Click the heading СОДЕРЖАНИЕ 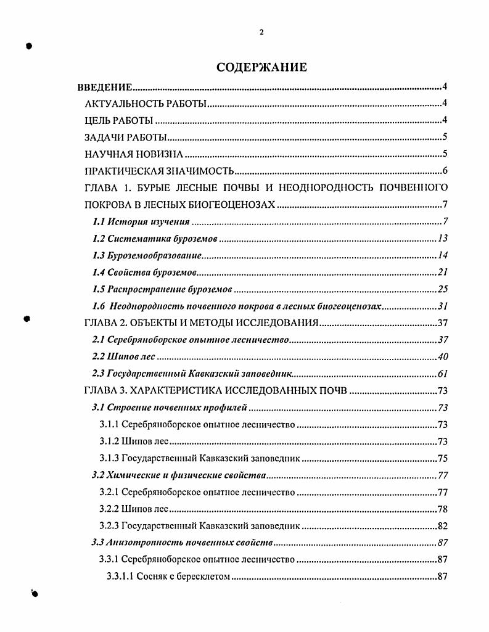[261, 67]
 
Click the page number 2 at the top [261, 33]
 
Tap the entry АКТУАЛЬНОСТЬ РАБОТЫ [146, 104]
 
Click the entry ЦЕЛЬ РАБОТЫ [118, 121]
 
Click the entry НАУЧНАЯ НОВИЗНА [134, 155]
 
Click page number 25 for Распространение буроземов [442, 289]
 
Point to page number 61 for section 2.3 [442, 374]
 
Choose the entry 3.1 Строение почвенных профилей [169, 408]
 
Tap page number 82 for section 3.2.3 [442, 526]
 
